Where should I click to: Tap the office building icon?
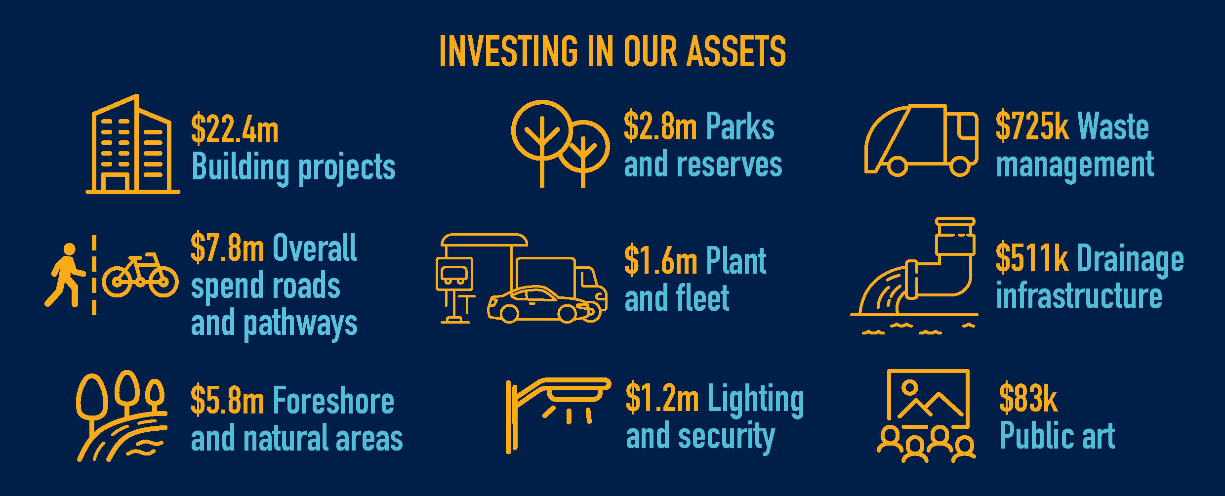click(x=133, y=144)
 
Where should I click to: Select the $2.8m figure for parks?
click(x=660, y=126)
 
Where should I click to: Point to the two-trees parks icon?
click(x=560, y=143)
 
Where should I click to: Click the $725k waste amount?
click(x=1032, y=126)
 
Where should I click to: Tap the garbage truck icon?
click(x=921, y=140)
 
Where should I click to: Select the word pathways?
click(x=300, y=325)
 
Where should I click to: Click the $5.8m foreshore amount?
click(x=227, y=400)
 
